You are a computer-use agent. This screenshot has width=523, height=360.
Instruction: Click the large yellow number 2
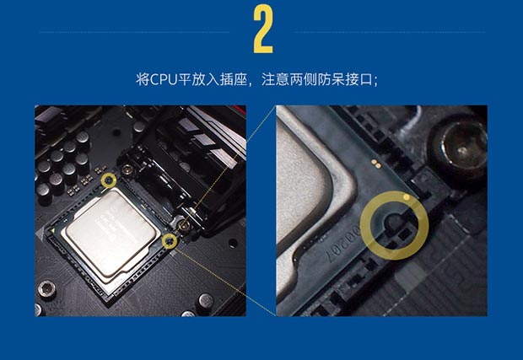[263, 30]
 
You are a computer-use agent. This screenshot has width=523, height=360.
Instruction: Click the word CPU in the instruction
[164, 80]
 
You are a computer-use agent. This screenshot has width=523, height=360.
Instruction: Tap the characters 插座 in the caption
[234, 80]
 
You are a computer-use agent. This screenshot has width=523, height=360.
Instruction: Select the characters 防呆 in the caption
[331, 80]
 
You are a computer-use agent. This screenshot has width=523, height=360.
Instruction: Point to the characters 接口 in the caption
[359, 80]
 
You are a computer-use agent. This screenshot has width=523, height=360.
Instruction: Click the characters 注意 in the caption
[275, 80]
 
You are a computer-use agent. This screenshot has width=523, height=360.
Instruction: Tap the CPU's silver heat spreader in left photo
[110, 233]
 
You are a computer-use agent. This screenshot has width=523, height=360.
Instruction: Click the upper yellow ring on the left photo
[115, 180]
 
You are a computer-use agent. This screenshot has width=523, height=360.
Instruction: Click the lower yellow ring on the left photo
[175, 240]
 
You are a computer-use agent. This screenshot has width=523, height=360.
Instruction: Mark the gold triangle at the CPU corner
[53, 229]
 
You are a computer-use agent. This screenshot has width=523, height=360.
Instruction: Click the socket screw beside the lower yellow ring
[184, 226]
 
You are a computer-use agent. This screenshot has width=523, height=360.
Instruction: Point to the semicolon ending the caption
[376, 82]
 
